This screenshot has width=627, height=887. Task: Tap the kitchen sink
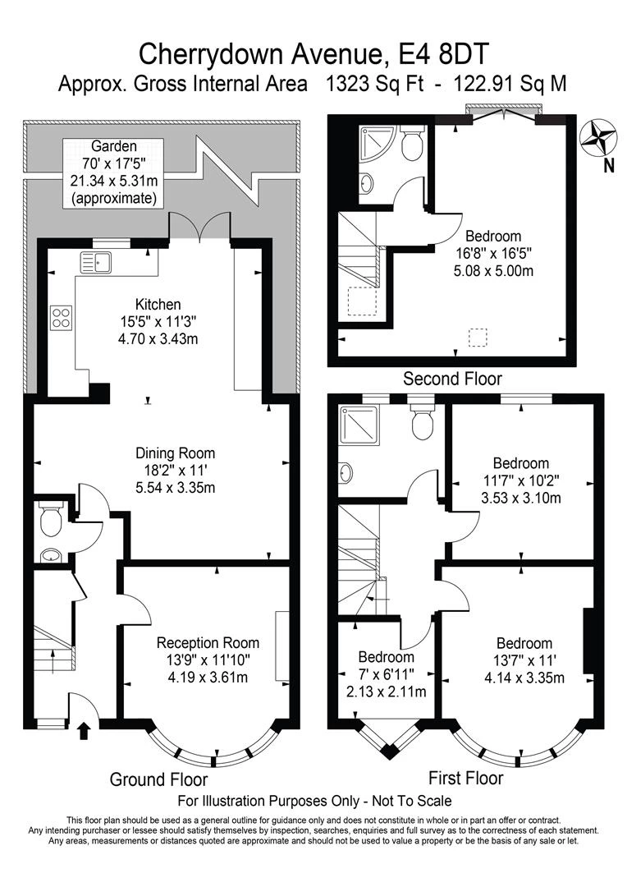[x=96, y=262]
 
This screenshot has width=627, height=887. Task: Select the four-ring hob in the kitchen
[x=61, y=317]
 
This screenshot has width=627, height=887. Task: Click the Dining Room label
[x=176, y=453]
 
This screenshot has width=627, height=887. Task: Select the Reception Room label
[x=208, y=642]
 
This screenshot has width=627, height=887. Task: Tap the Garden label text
[x=113, y=146]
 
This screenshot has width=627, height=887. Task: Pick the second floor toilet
[x=411, y=142]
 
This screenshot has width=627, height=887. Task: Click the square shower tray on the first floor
[x=358, y=425]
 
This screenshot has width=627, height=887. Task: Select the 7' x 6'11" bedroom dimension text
[x=387, y=673]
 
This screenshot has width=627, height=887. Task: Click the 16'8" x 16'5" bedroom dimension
[x=493, y=253]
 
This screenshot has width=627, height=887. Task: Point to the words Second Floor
[x=452, y=379]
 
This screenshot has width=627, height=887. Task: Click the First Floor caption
[x=465, y=778]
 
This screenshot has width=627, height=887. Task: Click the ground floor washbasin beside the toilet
[x=51, y=555]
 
